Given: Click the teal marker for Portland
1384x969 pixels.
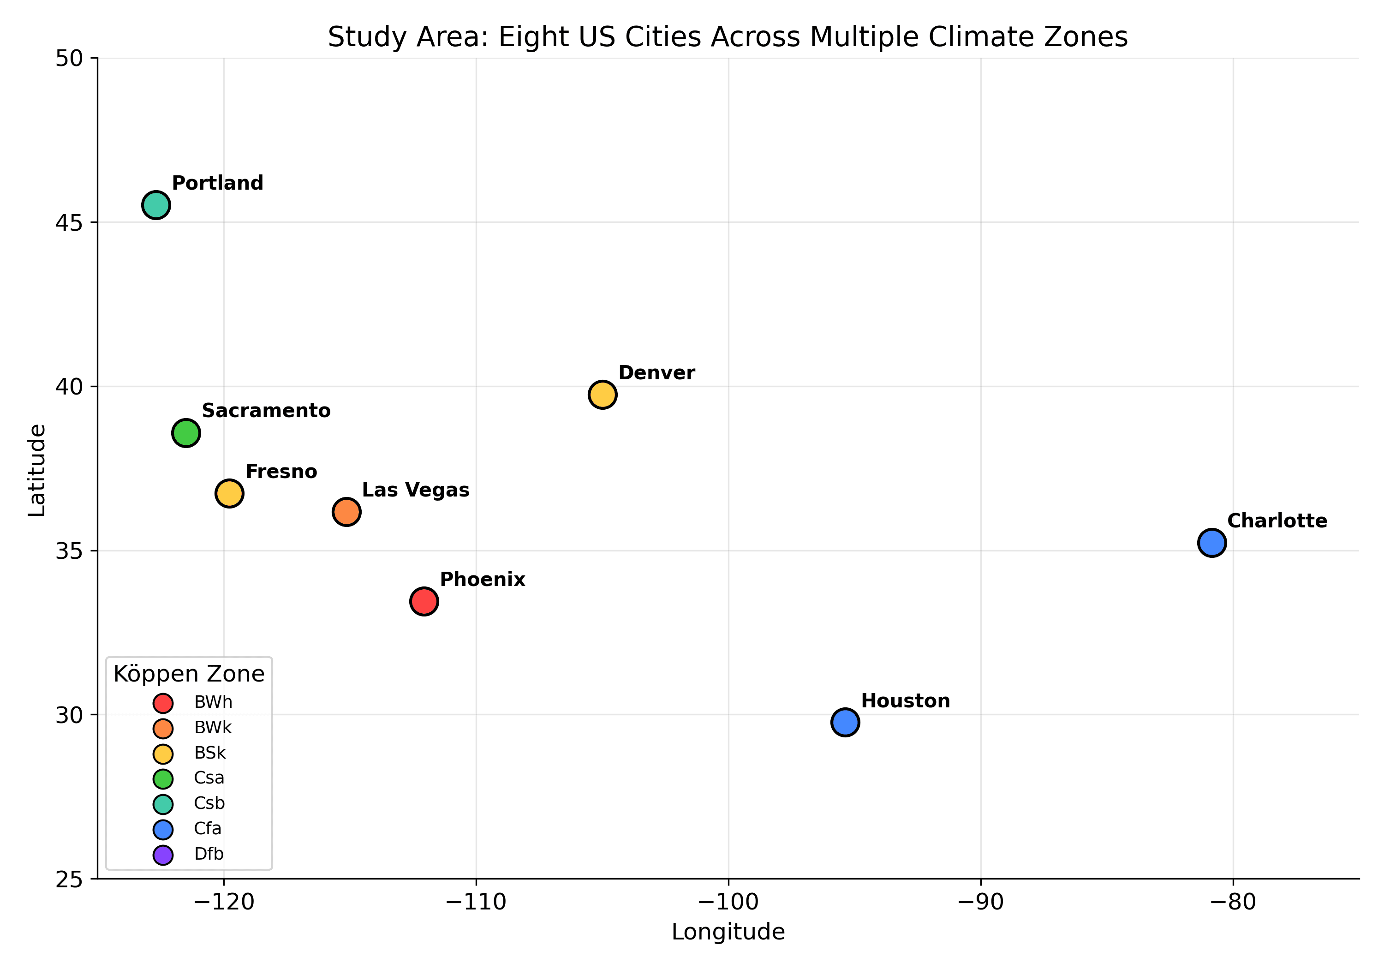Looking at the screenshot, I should [x=155, y=206].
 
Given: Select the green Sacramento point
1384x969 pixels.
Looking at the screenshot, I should [x=185, y=433].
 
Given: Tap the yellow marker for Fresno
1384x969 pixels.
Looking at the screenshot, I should [x=229, y=494].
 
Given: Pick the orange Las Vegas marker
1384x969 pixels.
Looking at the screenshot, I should [x=346, y=512].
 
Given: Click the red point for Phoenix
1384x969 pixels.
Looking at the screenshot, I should [x=424, y=601].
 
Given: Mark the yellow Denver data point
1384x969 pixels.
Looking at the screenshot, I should [x=602, y=395].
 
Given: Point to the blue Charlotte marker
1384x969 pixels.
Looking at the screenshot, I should [x=1211, y=543].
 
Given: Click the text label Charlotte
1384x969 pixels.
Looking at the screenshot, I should [x=1277, y=521].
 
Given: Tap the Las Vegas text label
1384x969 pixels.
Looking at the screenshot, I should [x=415, y=490].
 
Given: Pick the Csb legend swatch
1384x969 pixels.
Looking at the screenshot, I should [x=163, y=804].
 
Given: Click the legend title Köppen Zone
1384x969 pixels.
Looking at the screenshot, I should [x=189, y=674].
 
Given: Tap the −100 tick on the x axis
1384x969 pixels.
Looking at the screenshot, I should [x=728, y=903].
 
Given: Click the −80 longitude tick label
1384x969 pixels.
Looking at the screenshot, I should [x=1233, y=903].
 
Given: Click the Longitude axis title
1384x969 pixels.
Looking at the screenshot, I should [x=728, y=932].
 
